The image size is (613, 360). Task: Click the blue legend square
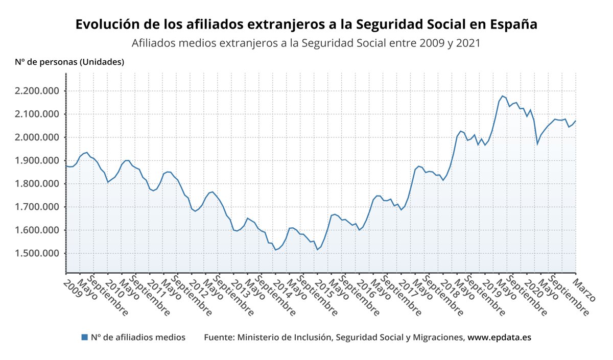[85, 337]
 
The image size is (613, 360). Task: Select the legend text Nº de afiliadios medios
[138, 338]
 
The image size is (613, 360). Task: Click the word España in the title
[513, 25]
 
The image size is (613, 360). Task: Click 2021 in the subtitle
[467, 43]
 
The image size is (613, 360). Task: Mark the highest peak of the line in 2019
[503, 95]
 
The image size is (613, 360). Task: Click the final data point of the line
[576, 121]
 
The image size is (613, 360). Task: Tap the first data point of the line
[66, 165]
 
